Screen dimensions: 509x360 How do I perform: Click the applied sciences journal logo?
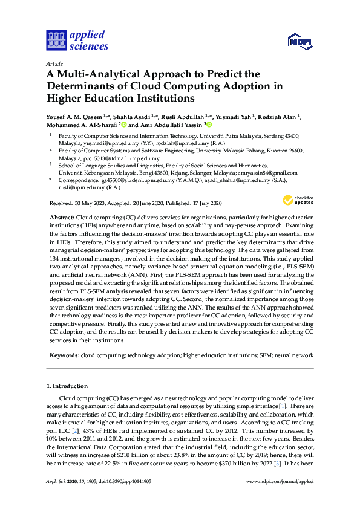(77, 39)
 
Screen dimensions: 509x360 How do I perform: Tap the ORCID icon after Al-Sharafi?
(122, 125)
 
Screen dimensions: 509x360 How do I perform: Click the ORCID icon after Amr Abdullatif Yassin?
(209, 125)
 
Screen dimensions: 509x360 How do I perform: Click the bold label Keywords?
(64, 356)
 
